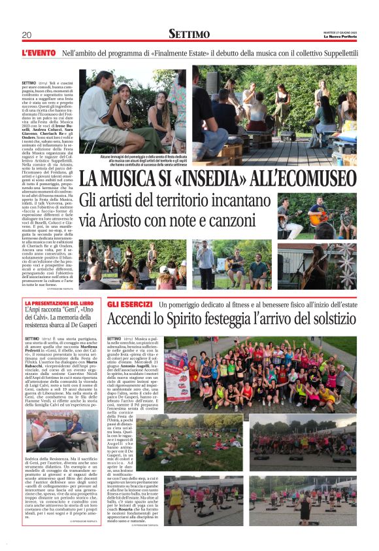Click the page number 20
[27, 35]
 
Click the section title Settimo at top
[189, 33]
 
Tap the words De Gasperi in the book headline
[84, 325]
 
